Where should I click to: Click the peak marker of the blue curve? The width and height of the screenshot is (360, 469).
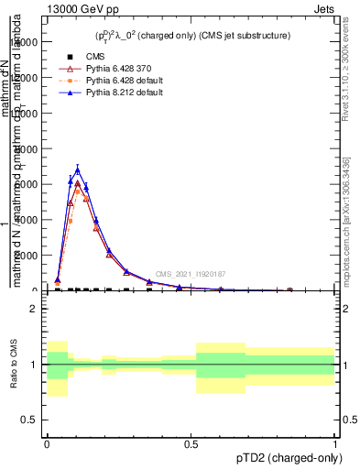pyautogui.click(x=78, y=169)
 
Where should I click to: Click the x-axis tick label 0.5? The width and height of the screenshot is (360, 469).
pyautogui.click(x=191, y=443)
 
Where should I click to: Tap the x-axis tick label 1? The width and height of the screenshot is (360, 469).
pyautogui.click(x=334, y=443)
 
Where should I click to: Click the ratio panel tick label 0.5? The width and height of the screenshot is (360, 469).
pyautogui.click(x=29, y=420)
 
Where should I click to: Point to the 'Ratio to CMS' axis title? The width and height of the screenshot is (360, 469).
pyautogui.click(x=13, y=365)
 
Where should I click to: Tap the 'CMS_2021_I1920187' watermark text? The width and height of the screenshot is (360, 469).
pyautogui.click(x=190, y=274)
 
